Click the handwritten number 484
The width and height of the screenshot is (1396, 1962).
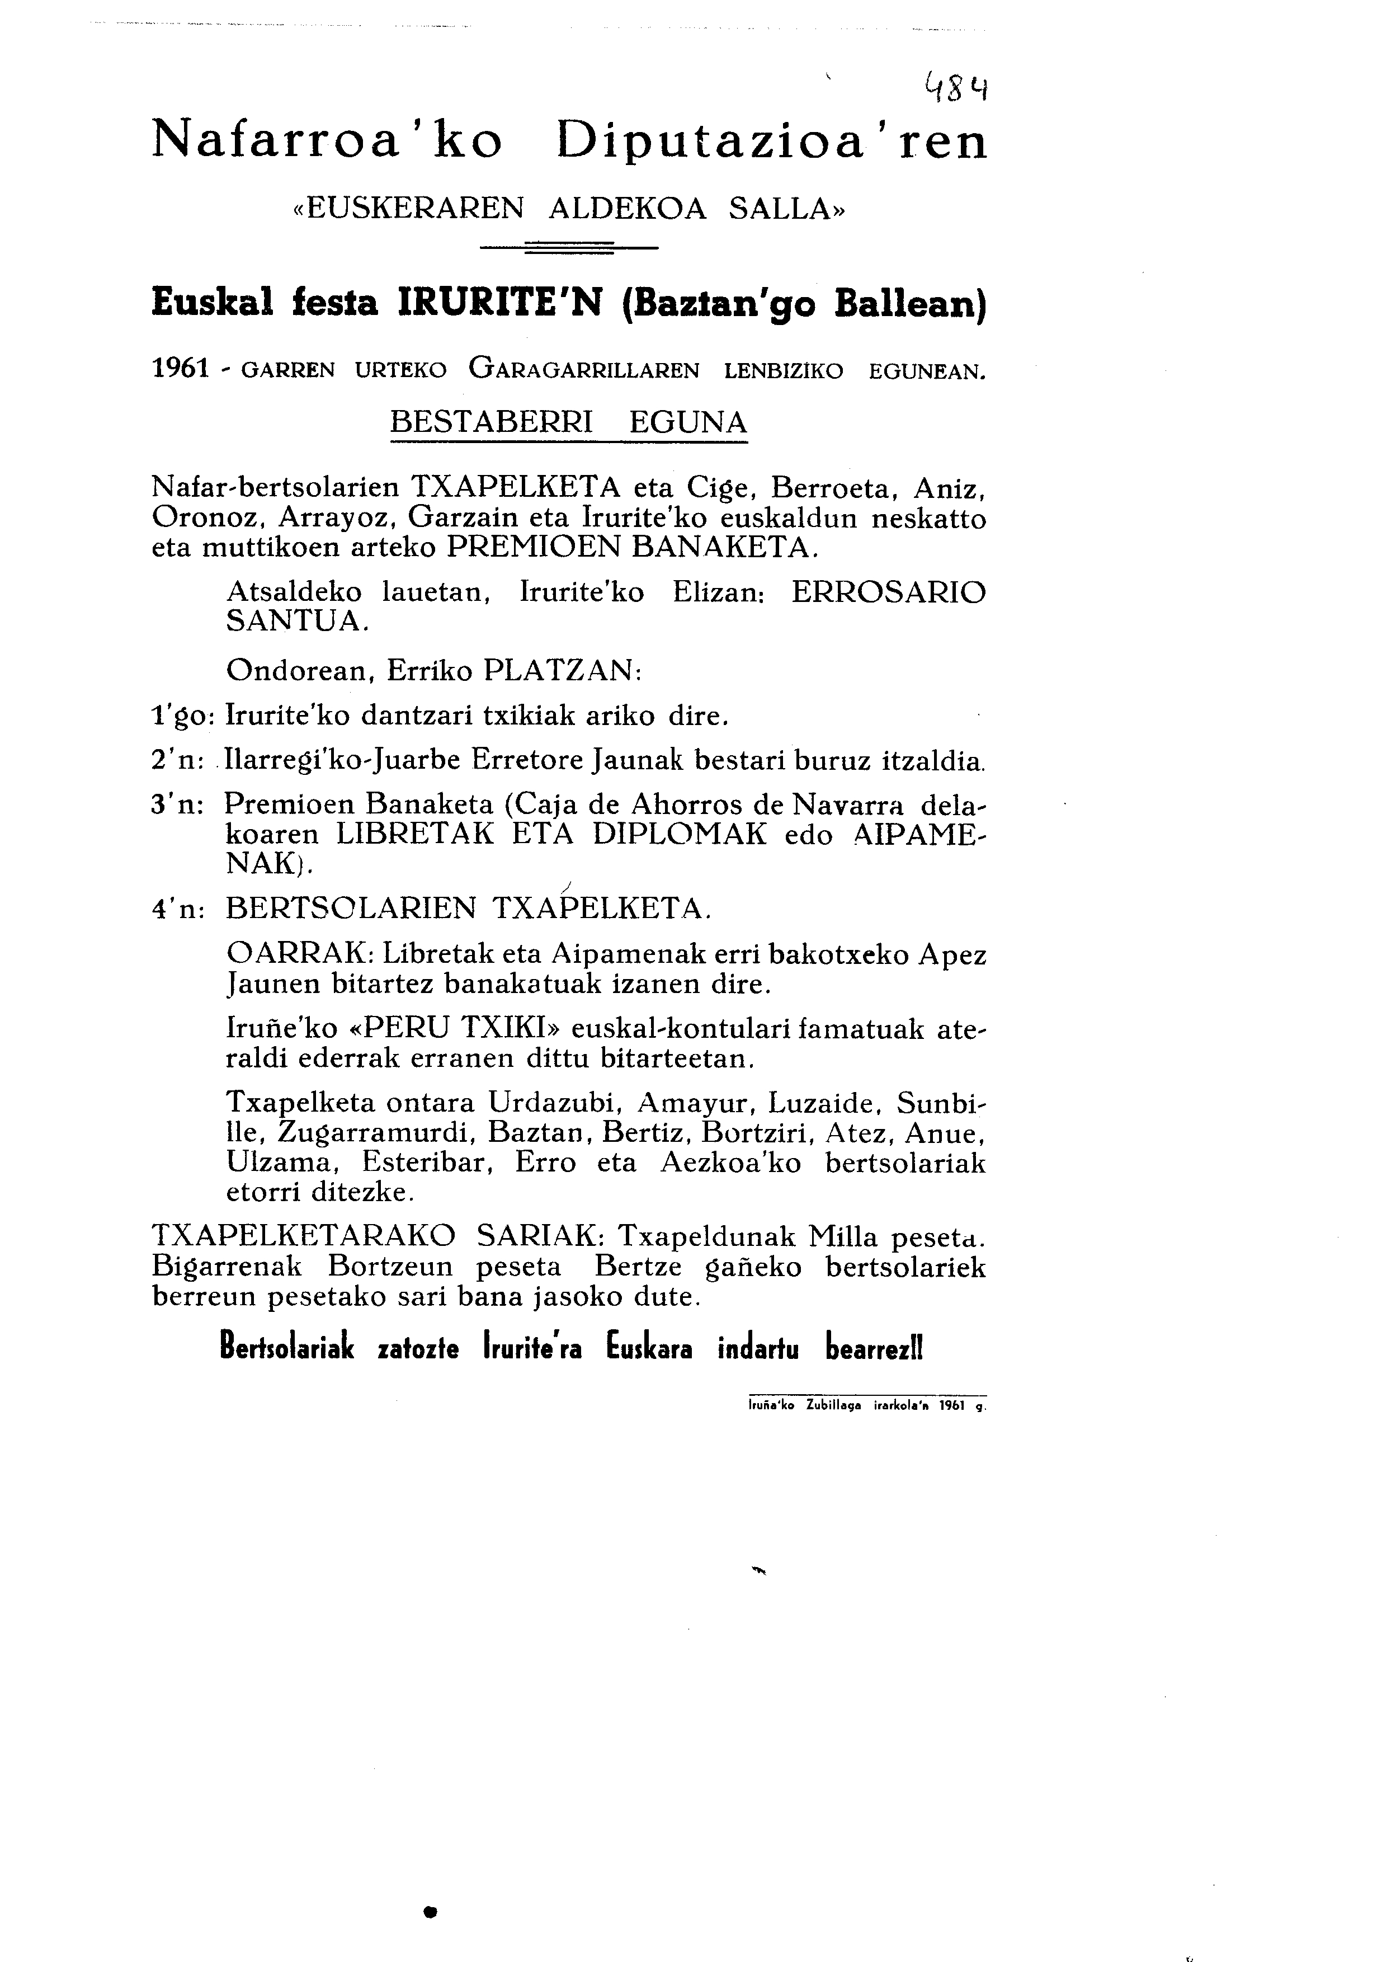955,88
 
